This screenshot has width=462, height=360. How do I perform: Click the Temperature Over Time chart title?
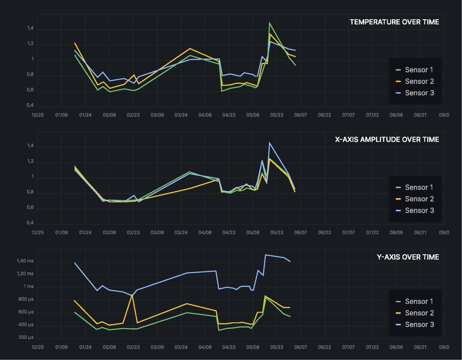(x=394, y=22)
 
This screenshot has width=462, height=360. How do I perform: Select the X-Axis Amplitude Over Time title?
(x=387, y=139)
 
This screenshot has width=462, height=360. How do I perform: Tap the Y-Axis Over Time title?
(x=408, y=257)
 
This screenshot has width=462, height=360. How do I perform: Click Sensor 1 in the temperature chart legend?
(x=419, y=70)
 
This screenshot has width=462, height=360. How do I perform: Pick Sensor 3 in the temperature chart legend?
(x=419, y=93)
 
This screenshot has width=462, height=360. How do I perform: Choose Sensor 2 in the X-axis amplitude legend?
(x=419, y=199)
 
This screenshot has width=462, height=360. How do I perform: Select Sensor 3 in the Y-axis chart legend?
(x=419, y=325)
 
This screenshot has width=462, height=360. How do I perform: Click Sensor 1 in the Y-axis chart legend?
(x=419, y=301)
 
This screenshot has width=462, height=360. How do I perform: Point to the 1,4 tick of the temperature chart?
(x=30, y=28)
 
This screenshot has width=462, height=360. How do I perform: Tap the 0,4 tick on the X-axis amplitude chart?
(x=30, y=223)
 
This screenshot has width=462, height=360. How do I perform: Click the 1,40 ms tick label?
(x=25, y=261)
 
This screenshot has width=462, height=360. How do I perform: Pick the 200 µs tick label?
(x=26, y=337)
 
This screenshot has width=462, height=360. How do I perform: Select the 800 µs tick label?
(x=26, y=299)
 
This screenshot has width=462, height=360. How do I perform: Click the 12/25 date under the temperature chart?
(x=38, y=115)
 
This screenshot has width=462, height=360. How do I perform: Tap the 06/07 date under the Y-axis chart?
(x=300, y=347)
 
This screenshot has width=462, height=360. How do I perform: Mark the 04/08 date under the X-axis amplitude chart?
(x=205, y=232)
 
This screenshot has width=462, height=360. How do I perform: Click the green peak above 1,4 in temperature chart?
(x=269, y=23)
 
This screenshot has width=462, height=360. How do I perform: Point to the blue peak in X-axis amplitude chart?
(x=269, y=143)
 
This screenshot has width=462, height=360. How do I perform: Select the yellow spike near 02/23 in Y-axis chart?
(x=132, y=295)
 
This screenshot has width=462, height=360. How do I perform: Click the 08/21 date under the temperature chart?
(x=420, y=115)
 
